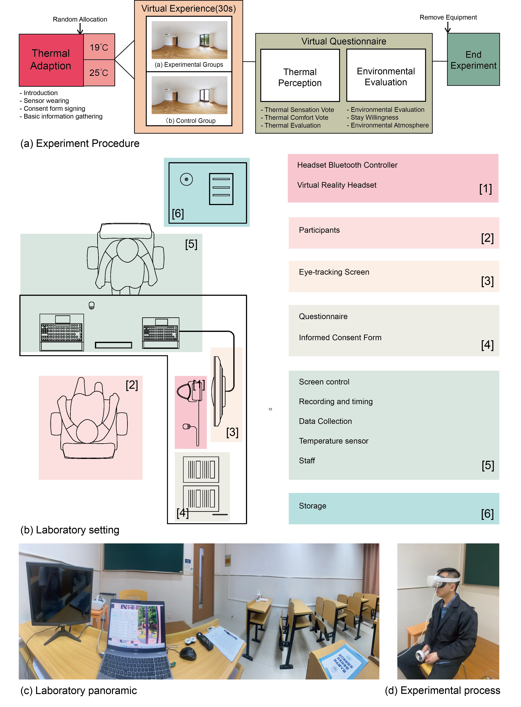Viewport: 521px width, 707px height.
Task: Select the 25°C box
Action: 99,73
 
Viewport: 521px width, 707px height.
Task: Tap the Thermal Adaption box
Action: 51,60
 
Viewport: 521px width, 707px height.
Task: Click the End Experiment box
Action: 473,60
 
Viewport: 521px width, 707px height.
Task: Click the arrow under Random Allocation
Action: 80,29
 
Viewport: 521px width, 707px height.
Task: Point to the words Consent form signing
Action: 54,109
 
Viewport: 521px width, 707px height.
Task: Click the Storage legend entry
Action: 394,508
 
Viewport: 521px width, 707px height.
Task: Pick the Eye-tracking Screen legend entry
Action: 394,276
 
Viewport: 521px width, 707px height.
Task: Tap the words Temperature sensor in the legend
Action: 333,441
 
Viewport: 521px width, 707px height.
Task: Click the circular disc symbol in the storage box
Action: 186,179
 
